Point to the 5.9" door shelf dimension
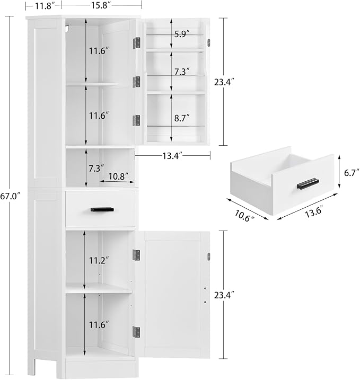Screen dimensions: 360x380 [x=181, y=34]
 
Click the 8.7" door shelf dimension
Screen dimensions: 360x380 [x=182, y=118]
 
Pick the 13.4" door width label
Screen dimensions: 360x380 [x=172, y=156]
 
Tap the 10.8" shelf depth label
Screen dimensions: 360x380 [x=118, y=176]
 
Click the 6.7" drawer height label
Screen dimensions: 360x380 [x=352, y=173]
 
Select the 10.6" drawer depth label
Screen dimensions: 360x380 [x=244, y=215]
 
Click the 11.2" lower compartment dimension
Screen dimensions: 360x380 [x=99, y=261]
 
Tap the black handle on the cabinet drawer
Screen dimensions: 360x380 [x=102, y=209]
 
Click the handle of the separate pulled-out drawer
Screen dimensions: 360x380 [x=308, y=183]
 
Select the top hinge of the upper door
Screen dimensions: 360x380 [x=136, y=43]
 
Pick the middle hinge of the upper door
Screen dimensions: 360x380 [x=136, y=82]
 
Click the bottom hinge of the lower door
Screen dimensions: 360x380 [x=136, y=332]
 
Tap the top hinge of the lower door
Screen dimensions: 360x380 [x=136, y=255]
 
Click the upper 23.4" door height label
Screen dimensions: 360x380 [x=224, y=82]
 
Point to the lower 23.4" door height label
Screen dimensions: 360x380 [x=224, y=295]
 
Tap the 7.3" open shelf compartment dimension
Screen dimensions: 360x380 [x=96, y=168]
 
